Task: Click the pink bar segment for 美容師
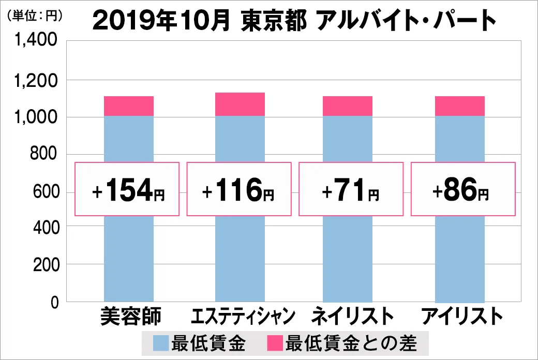pyautogui.click(x=129, y=106)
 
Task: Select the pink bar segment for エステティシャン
pyautogui.click(x=240, y=104)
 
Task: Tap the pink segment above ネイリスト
pyautogui.click(x=348, y=106)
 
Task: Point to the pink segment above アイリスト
pyautogui.click(x=460, y=106)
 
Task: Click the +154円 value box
pyautogui.click(x=127, y=189)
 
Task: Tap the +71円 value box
pyautogui.click(x=350, y=189)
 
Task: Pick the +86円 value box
pyautogui.click(x=463, y=189)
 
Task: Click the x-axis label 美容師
pyautogui.click(x=131, y=316)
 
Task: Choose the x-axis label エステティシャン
pyautogui.click(x=243, y=316)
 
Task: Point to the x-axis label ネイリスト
pyautogui.click(x=352, y=316)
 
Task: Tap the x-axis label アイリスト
pyautogui.click(x=462, y=316)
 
